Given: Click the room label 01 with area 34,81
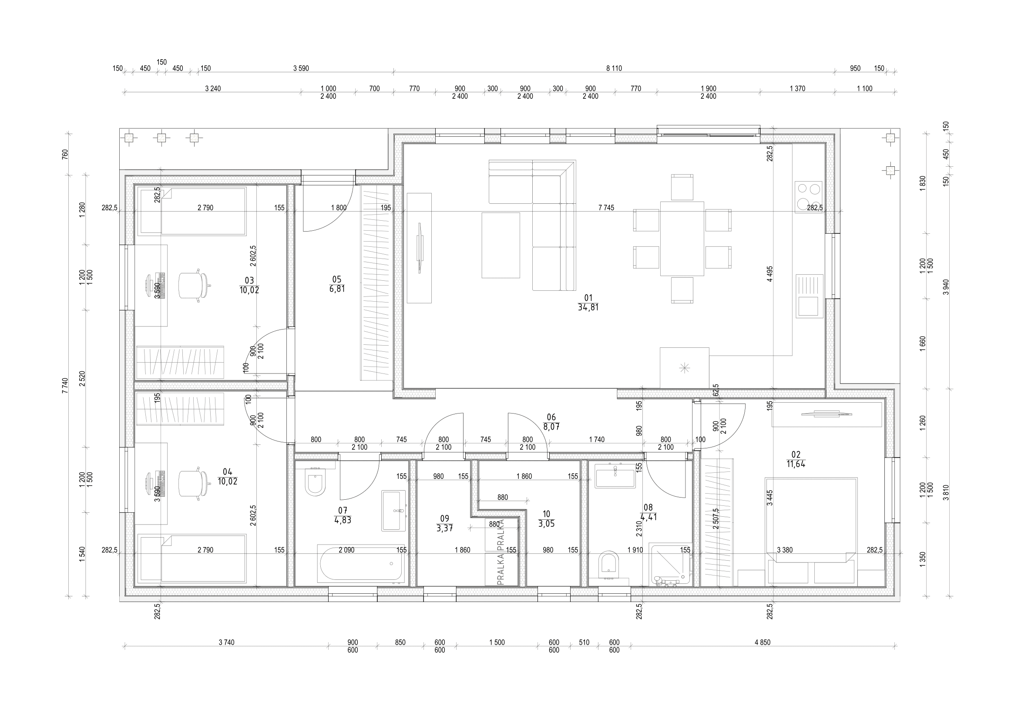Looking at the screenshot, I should point(588,303).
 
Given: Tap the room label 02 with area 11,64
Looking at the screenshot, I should point(796,459).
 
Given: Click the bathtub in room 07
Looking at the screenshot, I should point(360,564).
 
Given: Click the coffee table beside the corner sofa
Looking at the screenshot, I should point(501,245).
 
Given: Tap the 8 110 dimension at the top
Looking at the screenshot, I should point(614,68).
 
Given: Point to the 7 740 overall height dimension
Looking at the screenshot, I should point(65,385).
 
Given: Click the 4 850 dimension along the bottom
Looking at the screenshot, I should point(762,642).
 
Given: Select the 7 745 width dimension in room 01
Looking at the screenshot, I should point(606,208).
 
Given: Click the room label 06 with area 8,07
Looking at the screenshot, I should point(551,422).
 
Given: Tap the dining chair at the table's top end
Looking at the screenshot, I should point(682,188).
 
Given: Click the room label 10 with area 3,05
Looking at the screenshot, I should point(546,519).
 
